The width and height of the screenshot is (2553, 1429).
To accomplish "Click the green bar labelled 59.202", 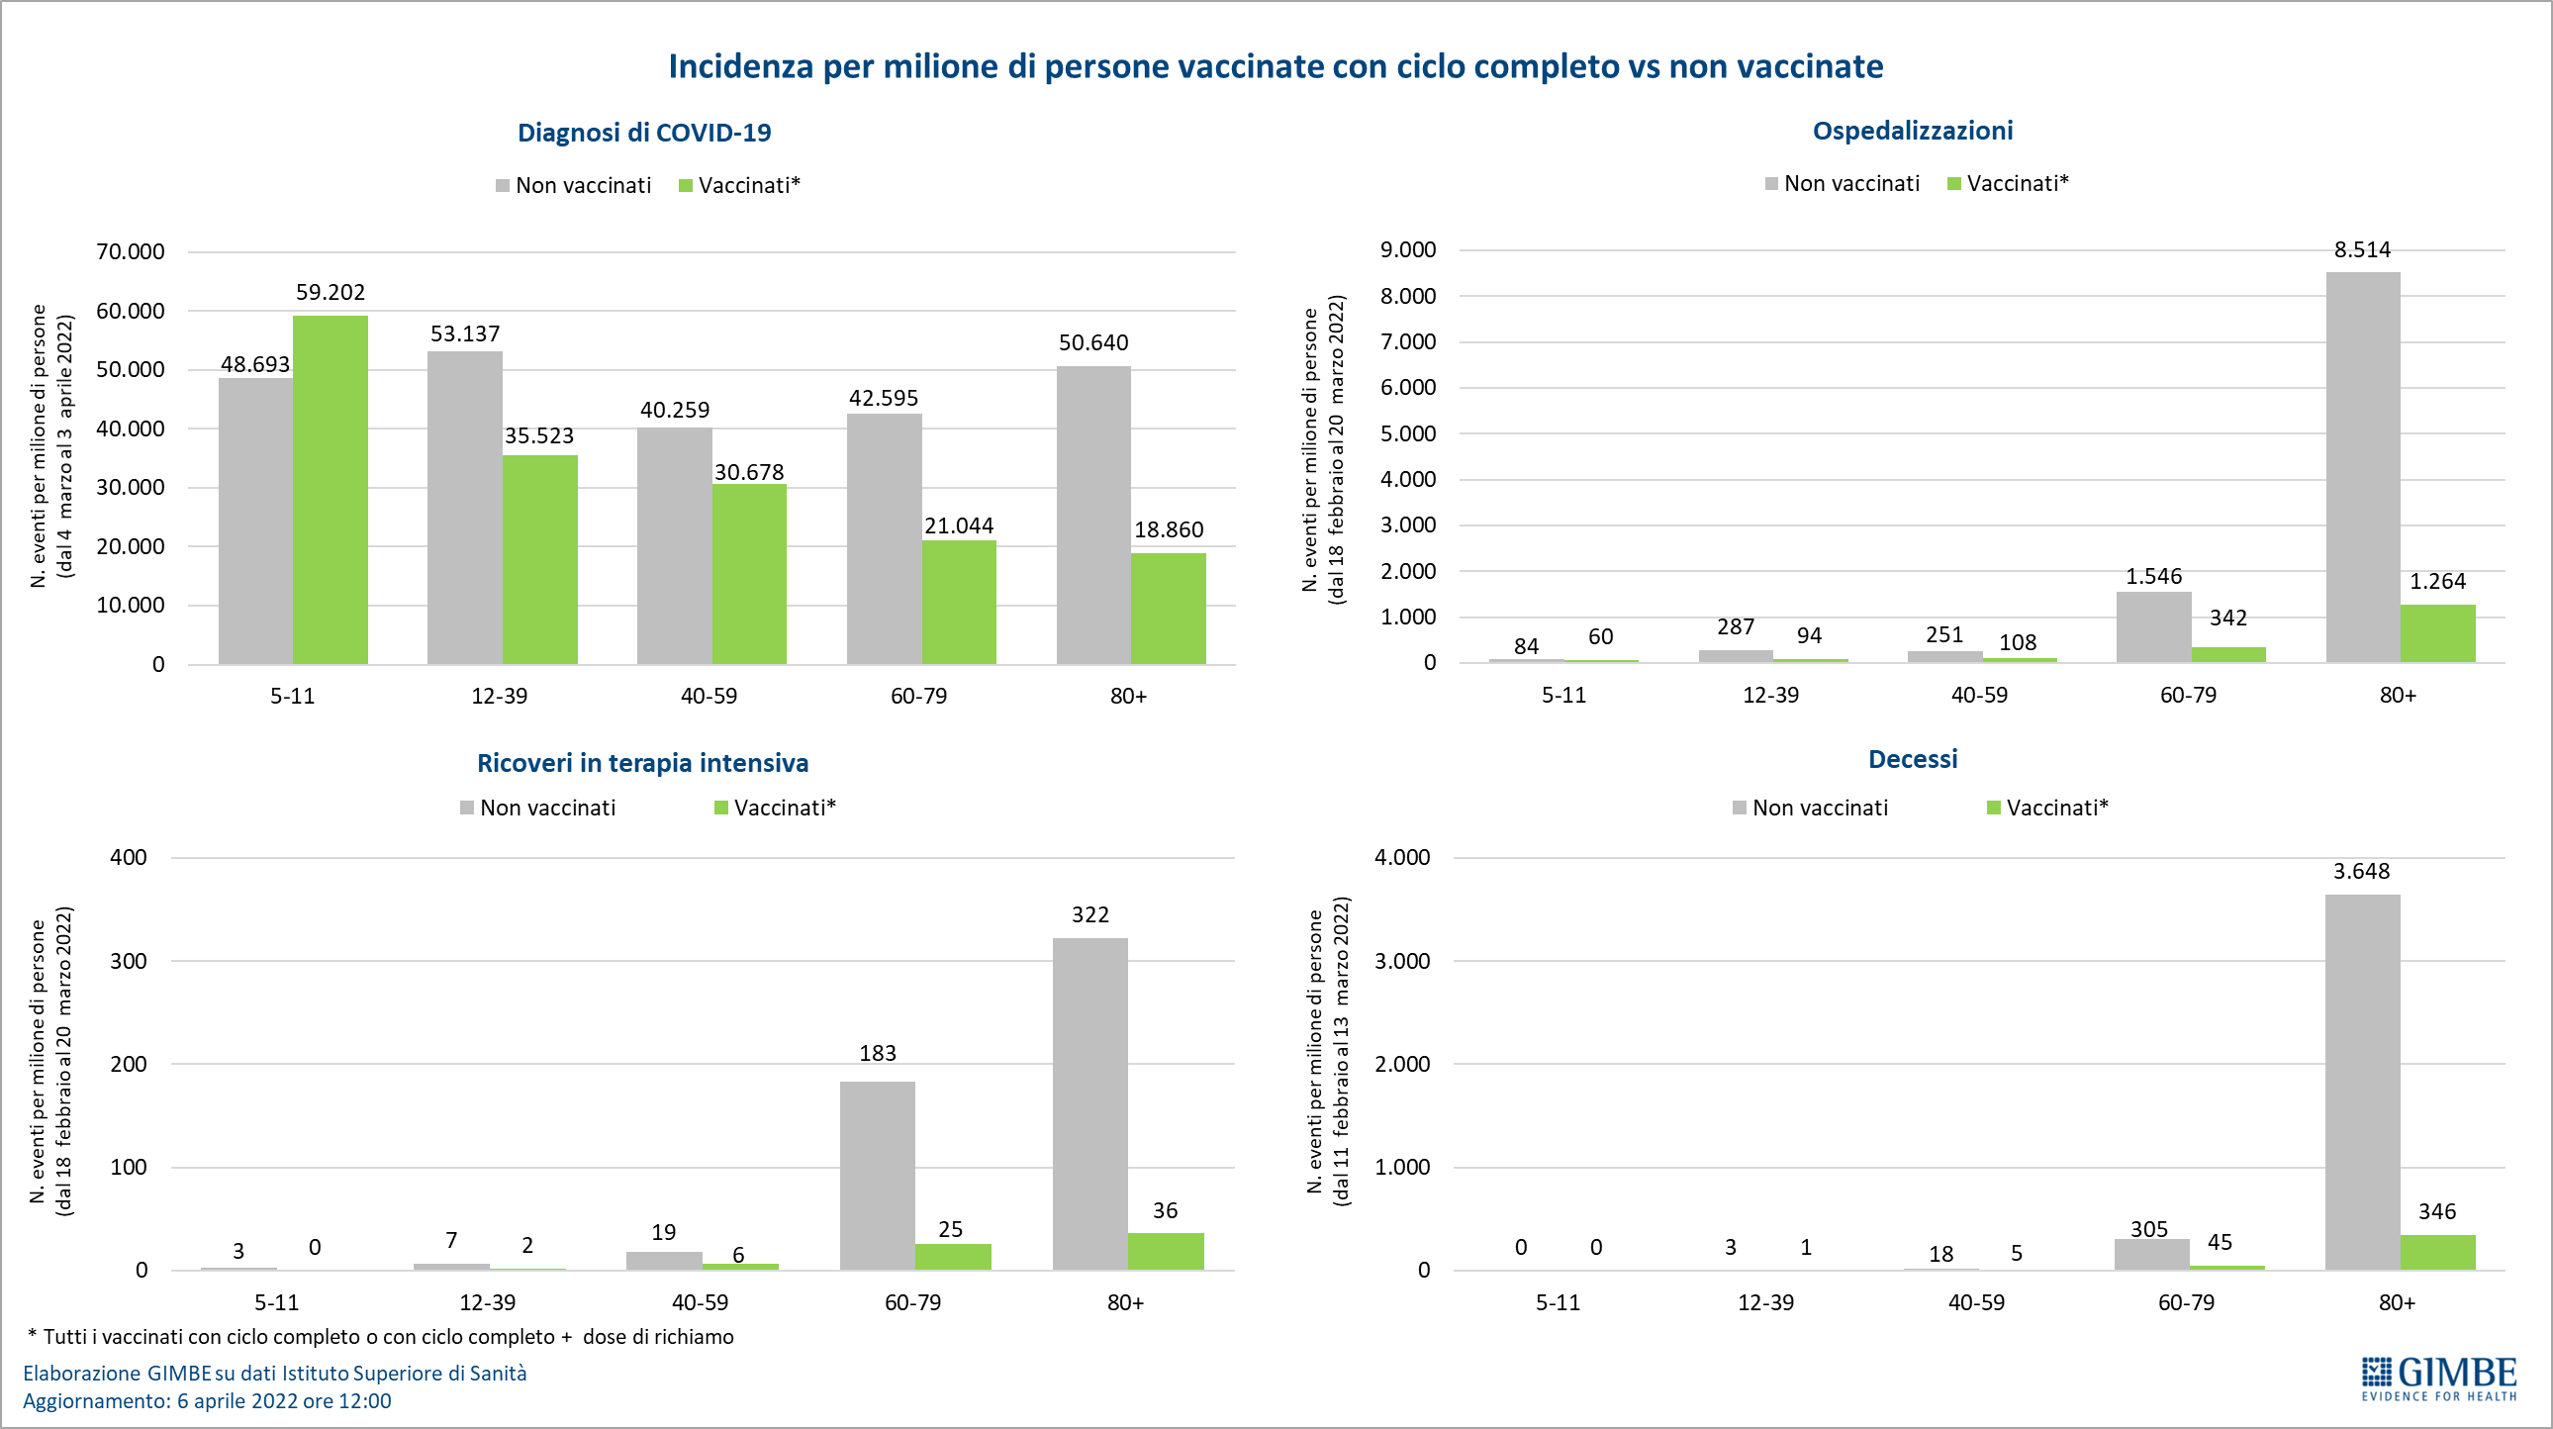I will pyautogui.click(x=331, y=490).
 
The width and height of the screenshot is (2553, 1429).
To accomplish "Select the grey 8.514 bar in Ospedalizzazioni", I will pyautogui.click(x=2363, y=467).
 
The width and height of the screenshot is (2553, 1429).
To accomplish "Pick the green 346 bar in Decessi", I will pyautogui.click(x=2437, y=1252).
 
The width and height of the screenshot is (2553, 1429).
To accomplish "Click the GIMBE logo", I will pyautogui.click(x=2438, y=1379).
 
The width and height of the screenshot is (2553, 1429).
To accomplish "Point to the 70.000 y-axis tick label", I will pyautogui.click(x=130, y=251).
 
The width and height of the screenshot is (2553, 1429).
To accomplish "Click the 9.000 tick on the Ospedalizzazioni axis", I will pyautogui.click(x=1407, y=249).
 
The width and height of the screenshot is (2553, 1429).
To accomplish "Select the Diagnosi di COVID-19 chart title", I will pyautogui.click(x=644, y=133).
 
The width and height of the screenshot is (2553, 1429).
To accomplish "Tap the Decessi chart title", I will pyautogui.click(x=1912, y=759).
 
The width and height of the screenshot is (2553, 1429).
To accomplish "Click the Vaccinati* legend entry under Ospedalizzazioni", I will pyautogui.click(x=2008, y=183).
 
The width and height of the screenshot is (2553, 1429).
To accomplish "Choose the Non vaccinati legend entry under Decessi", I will pyautogui.click(x=1810, y=808).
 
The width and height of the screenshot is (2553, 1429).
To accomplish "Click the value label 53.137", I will pyautogui.click(x=465, y=333).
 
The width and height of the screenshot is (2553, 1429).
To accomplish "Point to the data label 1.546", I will pyautogui.click(x=2153, y=576).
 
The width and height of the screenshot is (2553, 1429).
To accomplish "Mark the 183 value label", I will pyautogui.click(x=877, y=1052).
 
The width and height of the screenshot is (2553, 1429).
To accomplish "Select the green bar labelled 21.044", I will pyautogui.click(x=959, y=602).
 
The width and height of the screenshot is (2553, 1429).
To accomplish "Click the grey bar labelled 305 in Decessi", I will pyautogui.click(x=2150, y=1254).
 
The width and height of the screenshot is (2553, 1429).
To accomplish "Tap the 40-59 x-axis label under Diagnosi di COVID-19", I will pyautogui.click(x=709, y=696).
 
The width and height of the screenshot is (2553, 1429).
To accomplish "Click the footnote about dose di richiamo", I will pyautogui.click(x=382, y=1336).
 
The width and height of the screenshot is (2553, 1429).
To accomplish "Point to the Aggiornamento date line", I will pyautogui.click(x=207, y=1400).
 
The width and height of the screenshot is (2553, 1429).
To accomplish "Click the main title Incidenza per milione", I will pyautogui.click(x=1276, y=66).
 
